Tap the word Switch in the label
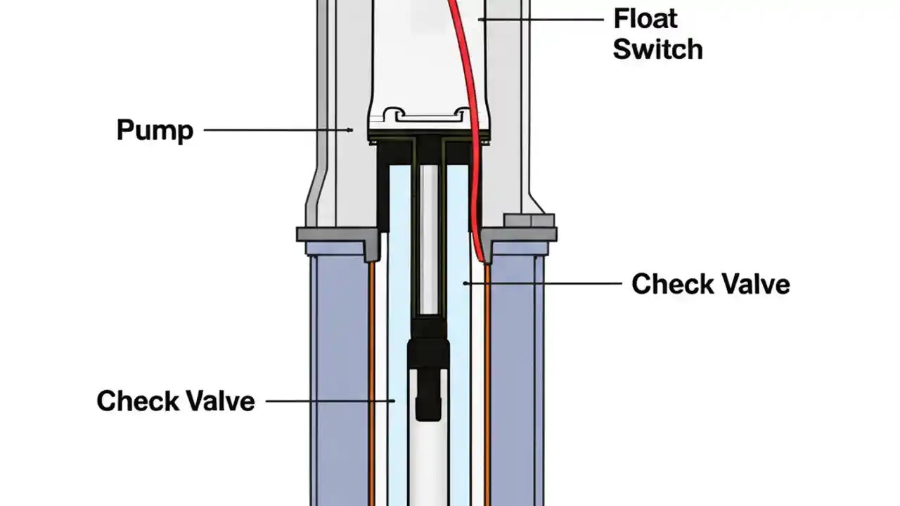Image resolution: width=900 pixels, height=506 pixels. point(657,49)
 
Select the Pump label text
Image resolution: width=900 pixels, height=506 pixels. point(155,131)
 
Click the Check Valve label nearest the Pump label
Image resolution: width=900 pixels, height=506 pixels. point(176,401)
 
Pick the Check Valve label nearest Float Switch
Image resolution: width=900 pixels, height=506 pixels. point(710,284)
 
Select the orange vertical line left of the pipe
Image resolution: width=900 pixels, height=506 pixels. point(371,379)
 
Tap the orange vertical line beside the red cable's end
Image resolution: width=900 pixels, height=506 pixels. point(487,379)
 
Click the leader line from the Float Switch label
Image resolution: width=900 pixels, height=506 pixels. point(541,19)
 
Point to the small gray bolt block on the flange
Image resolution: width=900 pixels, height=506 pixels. point(529,220)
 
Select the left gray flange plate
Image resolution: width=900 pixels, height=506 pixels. point(337,236)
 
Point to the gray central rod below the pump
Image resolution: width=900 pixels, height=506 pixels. point(429,239)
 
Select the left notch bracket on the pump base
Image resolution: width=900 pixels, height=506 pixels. point(394,112)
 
